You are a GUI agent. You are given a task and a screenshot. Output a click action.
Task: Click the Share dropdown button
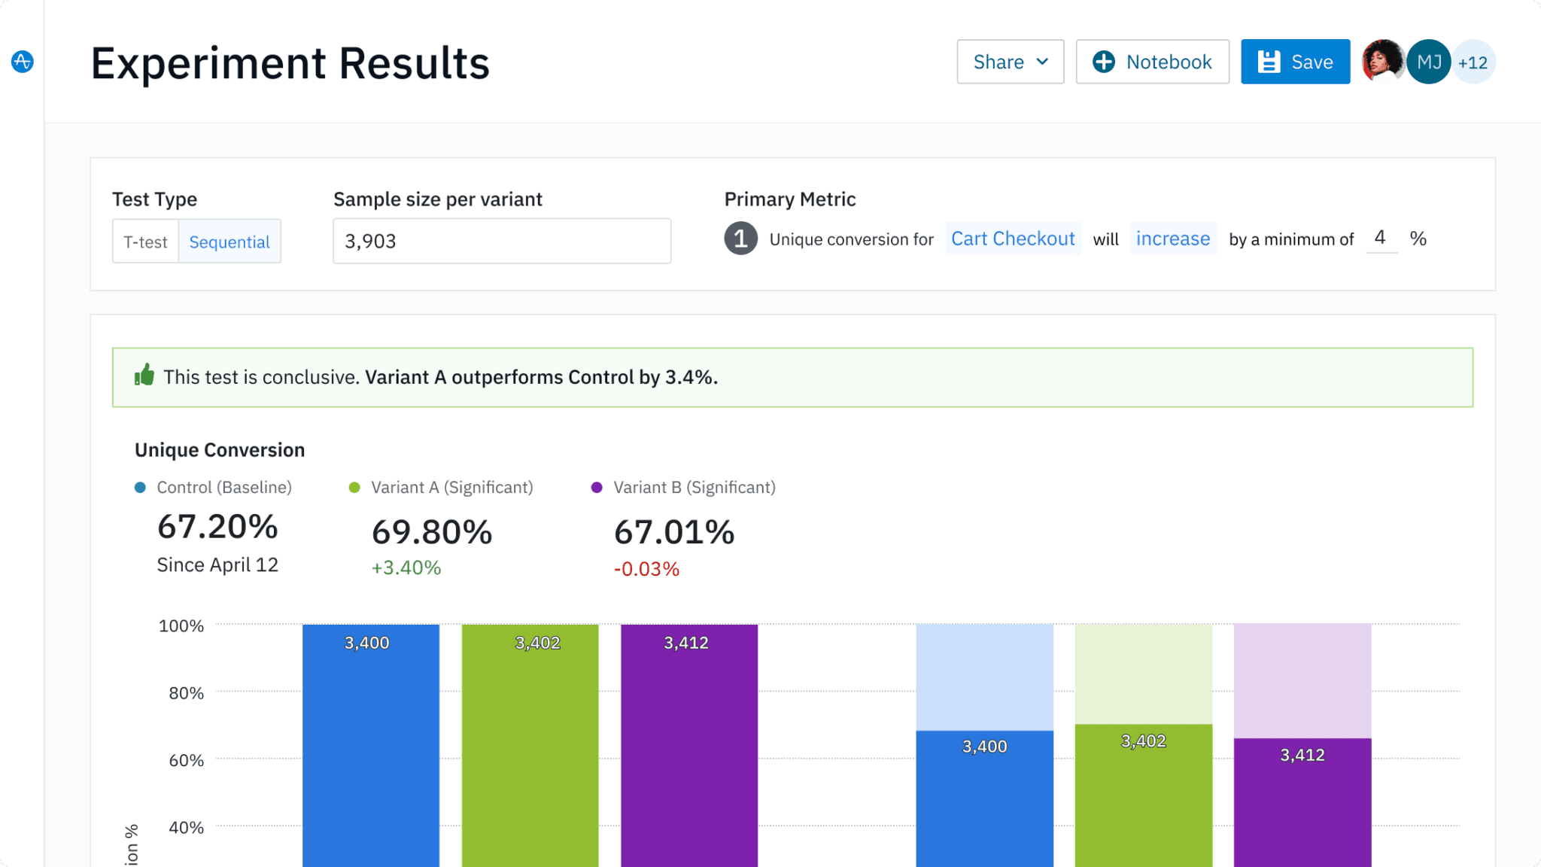coord(1010,62)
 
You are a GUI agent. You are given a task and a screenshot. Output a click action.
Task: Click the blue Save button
coord(1295,62)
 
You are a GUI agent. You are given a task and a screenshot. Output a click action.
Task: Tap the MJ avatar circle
coord(1428,62)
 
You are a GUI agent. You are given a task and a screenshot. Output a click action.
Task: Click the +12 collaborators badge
coord(1473,62)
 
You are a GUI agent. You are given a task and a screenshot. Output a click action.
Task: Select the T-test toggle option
coord(145,242)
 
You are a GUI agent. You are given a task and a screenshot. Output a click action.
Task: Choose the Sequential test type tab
coord(229,242)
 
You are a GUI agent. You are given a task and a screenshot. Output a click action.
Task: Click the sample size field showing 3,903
coord(501,241)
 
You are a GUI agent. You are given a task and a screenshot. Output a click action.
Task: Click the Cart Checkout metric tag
coord(1013,239)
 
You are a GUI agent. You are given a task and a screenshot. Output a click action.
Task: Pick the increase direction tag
coord(1173,239)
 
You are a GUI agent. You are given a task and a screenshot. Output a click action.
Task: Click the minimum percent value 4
coord(1380,238)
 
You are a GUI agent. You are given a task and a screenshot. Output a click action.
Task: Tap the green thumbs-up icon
coord(144,375)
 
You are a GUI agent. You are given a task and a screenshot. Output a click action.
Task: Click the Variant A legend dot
coord(354,488)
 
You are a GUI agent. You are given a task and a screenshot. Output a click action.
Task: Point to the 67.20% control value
coord(217,527)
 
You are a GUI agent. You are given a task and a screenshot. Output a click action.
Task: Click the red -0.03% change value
coord(646,569)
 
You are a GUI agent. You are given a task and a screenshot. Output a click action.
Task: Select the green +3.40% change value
coord(406,567)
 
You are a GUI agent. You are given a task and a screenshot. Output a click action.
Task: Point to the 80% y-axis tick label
coord(186,693)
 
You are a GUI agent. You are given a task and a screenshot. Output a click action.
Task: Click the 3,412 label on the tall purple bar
coord(686,643)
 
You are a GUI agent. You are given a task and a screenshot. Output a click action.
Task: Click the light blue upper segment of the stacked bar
coord(984,676)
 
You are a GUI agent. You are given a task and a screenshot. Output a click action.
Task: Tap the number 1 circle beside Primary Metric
coord(740,239)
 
